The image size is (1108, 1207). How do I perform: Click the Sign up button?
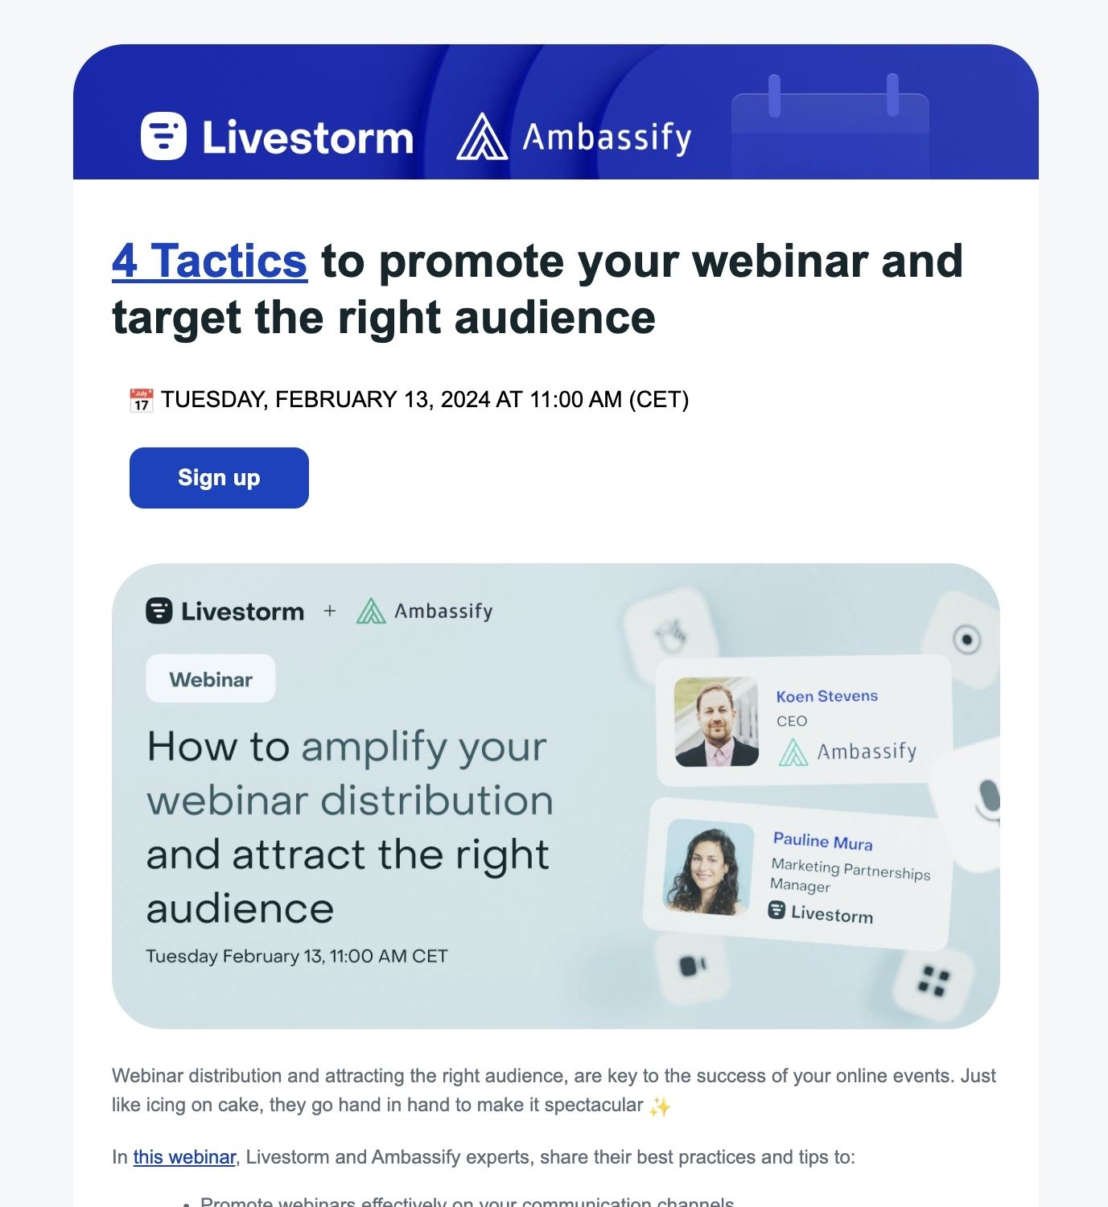click(x=219, y=478)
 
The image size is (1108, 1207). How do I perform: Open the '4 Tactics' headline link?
click(x=209, y=261)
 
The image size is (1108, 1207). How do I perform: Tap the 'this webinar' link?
click(x=184, y=1157)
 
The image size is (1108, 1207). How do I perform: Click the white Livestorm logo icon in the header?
click(x=163, y=136)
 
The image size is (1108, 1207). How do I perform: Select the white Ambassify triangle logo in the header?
click(x=482, y=137)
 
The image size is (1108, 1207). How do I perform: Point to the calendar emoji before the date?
click(x=142, y=400)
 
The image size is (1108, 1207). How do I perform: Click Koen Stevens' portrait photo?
click(x=716, y=721)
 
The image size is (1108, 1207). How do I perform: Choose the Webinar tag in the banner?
click(x=211, y=679)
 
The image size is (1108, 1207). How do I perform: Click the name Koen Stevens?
click(x=826, y=696)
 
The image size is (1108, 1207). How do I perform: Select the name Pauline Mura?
click(x=822, y=841)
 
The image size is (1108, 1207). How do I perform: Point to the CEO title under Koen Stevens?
click(x=792, y=721)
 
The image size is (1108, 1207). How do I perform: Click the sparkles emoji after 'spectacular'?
click(x=660, y=1107)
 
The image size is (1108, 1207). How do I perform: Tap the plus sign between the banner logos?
click(x=330, y=611)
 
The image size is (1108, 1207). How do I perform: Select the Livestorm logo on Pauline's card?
click(x=821, y=912)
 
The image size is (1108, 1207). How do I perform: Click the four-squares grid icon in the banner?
click(x=933, y=982)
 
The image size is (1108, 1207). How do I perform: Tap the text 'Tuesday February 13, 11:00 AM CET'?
click(x=296, y=956)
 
